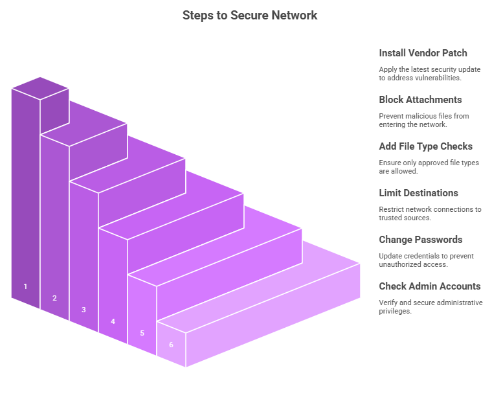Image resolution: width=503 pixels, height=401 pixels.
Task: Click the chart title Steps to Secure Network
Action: tap(250, 15)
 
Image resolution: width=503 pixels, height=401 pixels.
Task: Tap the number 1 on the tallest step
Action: tap(25, 286)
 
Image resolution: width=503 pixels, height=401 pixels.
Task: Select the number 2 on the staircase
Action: tap(54, 298)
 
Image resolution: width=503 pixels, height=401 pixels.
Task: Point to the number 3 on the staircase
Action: tap(84, 310)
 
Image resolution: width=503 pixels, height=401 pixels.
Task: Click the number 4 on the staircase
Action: tap(113, 321)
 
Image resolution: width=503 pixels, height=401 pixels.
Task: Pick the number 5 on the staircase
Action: tap(142, 333)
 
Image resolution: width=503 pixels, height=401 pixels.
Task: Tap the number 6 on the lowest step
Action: tap(171, 345)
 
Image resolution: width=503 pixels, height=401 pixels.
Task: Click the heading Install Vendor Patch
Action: tap(423, 53)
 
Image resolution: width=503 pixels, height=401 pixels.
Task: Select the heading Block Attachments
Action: tap(420, 100)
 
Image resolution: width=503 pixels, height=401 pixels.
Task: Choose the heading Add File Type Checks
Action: tap(425, 146)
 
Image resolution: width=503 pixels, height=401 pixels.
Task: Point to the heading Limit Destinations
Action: tap(418, 193)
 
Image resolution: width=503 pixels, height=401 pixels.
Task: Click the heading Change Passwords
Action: tap(420, 240)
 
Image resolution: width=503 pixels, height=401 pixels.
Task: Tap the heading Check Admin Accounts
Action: tap(430, 286)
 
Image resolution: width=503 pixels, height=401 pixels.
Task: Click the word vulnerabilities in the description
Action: tap(438, 78)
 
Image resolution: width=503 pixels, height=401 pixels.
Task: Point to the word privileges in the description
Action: tap(396, 311)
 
